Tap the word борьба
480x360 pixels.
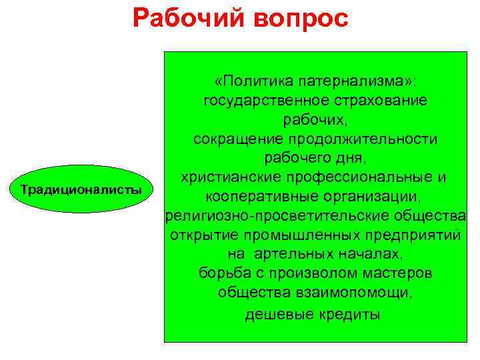222,274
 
